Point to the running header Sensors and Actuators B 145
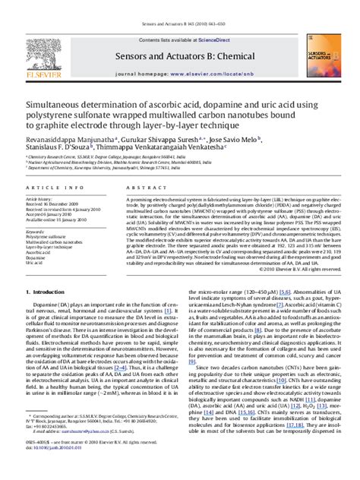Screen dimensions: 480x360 (x=178, y=5)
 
